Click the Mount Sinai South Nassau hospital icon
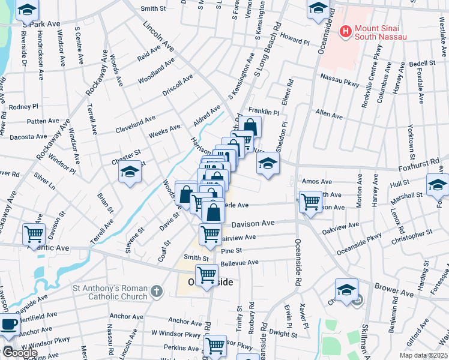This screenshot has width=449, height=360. (346, 31)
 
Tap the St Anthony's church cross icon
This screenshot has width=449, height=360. (156, 292)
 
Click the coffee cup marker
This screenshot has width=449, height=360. (8, 325)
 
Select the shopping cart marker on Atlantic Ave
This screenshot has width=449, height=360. (34, 233)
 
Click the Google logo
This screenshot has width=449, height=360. (20, 353)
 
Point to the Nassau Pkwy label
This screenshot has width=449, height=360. (339, 77)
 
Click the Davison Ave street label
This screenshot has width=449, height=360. (253, 223)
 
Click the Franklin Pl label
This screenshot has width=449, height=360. (264, 112)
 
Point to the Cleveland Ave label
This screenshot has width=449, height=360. (135, 125)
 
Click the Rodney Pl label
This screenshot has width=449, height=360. (23, 107)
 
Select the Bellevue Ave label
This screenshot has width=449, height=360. (239, 262)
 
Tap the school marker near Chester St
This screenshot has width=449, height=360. (129, 174)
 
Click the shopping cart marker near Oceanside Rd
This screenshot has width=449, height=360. (310, 202)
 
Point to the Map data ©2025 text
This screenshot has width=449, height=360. (423, 355)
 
